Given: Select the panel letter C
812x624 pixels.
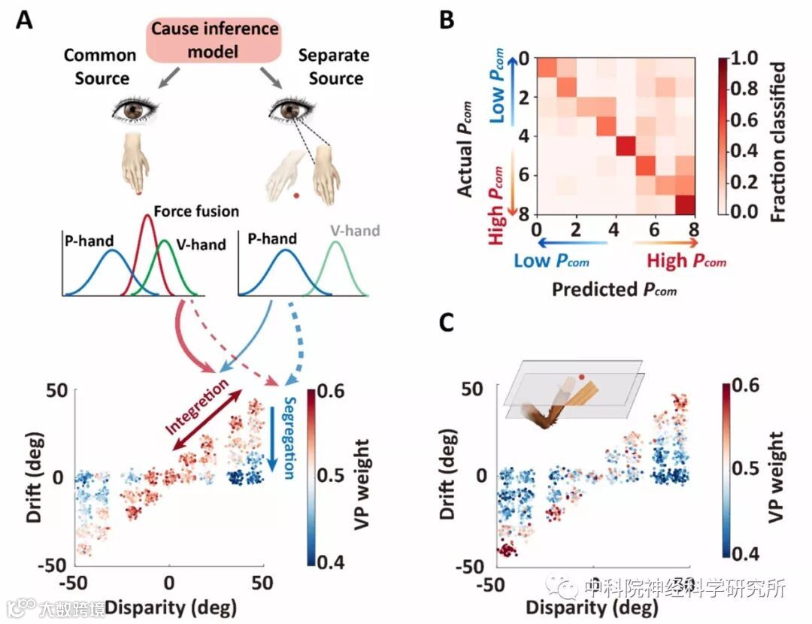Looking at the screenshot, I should (x=447, y=324).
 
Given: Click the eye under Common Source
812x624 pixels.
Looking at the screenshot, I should (x=135, y=111).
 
